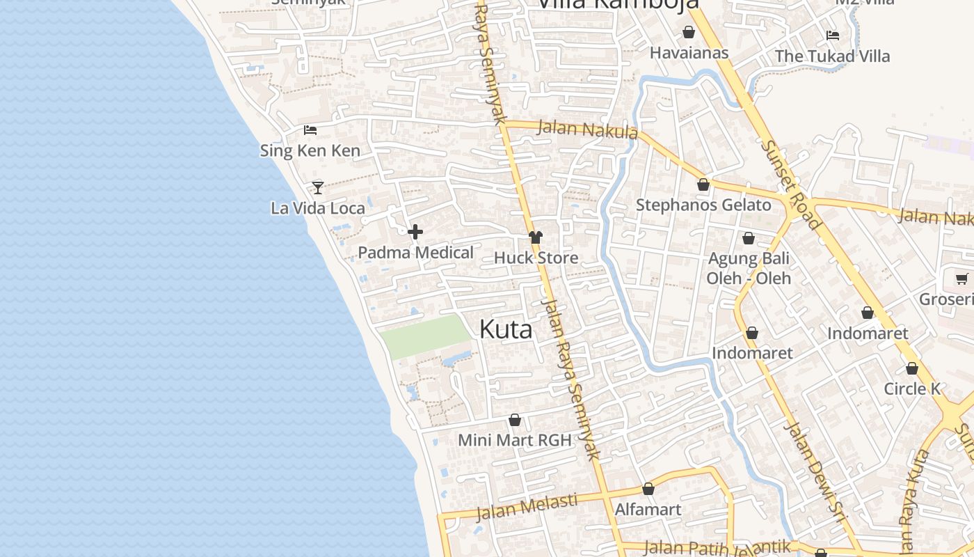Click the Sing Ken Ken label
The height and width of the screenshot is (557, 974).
tap(310, 150)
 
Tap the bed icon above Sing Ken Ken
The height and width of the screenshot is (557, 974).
tap(310, 130)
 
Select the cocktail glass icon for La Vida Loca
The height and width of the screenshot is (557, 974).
tap(318, 187)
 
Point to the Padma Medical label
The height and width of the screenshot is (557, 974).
tap(415, 253)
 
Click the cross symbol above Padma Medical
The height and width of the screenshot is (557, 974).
tap(415, 232)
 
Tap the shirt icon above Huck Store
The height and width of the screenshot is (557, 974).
tap(535, 237)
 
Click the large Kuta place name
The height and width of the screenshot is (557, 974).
tap(506, 329)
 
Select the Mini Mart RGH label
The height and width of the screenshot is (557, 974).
tap(514, 440)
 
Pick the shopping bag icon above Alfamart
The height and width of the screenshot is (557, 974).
tap(648, 489)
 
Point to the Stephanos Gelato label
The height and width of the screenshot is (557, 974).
tap(703, 205)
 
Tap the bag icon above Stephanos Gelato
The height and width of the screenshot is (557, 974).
tap(703, 185)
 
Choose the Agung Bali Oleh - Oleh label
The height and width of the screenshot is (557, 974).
tap(749, 268)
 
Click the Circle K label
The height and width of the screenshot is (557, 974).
tap(912, 389)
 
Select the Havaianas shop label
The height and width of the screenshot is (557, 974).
tap(689, 53)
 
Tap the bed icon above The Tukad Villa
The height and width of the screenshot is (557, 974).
tap(832, 36)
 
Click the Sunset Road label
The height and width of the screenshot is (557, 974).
tap(790, 185)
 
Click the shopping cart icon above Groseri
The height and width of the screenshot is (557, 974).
tap(962, 279)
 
